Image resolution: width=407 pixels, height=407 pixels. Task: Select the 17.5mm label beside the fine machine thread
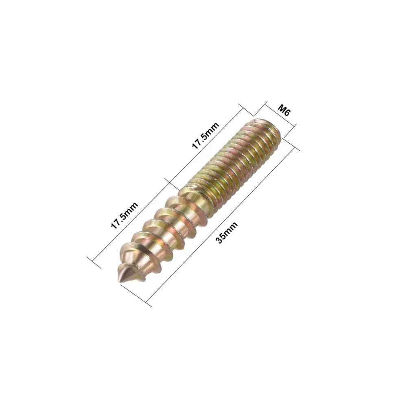(206, 136)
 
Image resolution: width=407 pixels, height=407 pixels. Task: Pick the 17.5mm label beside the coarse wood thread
(125, 216)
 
